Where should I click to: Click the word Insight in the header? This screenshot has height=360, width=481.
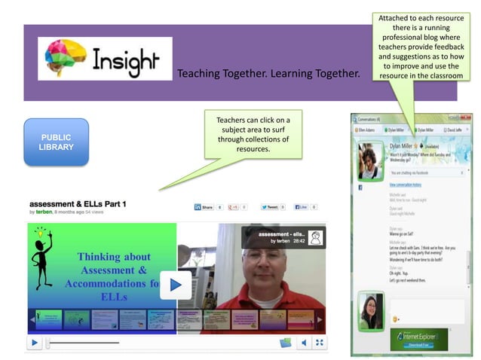[126, 60]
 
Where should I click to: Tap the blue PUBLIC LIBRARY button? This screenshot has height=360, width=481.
[56, 142]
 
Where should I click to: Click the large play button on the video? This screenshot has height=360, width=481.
[176, 284]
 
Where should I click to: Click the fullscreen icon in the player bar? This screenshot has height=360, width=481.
[320, 343]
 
